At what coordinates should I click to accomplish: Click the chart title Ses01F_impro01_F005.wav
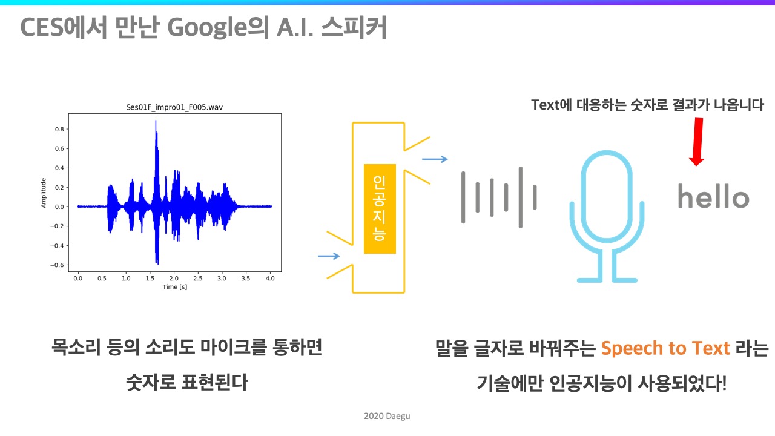click(x=174, y=107)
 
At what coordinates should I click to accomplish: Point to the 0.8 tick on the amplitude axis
click(x=59, y=129)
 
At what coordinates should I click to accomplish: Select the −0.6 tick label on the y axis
click(x=58, y=265)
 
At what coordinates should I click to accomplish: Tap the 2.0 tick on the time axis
click(x=174, y=278)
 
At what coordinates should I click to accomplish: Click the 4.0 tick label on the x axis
click(x=270, y=278)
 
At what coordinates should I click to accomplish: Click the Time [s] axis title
click(x=175, y=287)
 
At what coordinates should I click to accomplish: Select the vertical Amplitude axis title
click(x=43, y=193)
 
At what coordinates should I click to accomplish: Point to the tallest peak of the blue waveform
click(x=156, y=121)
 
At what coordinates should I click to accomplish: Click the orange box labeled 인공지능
click(x=380, y=209)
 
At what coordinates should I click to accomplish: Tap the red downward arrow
click(x=697, y=142)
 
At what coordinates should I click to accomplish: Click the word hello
click(x=713, y=196)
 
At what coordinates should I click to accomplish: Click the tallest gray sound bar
click(x=520, y=197)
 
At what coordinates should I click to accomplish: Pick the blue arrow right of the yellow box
click(x=435, y=159)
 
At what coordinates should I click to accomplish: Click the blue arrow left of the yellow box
click(x=329, y=256)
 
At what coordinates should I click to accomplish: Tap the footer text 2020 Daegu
click(x=387, y=416)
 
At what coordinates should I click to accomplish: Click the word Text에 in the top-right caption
click(x=552, y=105)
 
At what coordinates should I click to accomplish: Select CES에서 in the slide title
click(x=64, y=28)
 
